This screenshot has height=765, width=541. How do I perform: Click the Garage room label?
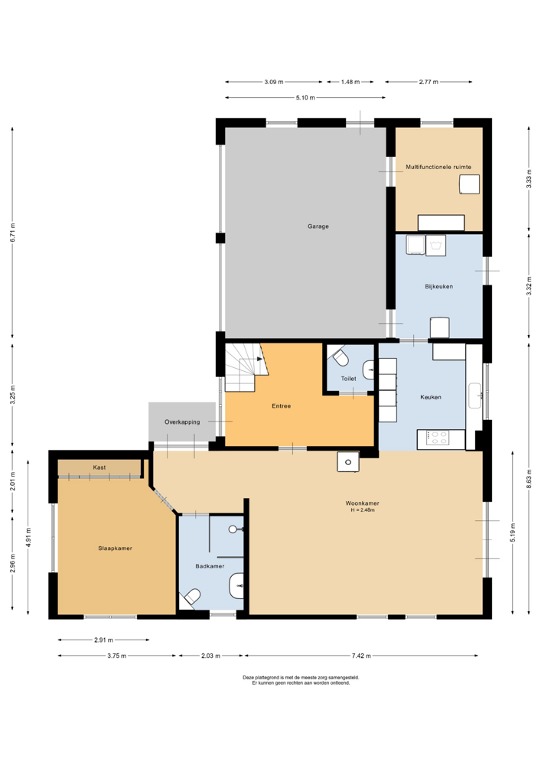[x=318, y=226]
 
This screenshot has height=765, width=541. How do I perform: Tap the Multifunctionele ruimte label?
[x=438, y=167]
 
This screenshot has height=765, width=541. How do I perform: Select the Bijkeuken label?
[x=439, y=286]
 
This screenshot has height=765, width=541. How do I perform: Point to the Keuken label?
[x=431, y=397]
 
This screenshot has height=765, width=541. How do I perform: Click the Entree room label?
[x=282, y=406]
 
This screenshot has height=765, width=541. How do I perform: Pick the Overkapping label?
[x=182, y=422]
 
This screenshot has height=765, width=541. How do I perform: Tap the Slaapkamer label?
[x=115, y=549]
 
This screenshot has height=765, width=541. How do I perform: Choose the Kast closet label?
[x=99, y=467]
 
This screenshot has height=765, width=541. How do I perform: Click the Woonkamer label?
[x=363, y=503]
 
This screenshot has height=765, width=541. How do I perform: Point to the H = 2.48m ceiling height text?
[x=363, y=510]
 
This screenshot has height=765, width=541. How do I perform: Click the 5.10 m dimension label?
[x=305, y=98]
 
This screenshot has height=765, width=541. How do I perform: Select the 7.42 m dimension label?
[x=361, y=656]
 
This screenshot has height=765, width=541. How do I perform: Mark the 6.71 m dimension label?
[x=13, y=233]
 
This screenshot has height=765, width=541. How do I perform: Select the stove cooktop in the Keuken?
[x=438, y=438]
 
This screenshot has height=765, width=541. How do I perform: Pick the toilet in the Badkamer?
[x=192, y=597]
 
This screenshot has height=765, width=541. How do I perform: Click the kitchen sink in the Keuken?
[x=475, y=396]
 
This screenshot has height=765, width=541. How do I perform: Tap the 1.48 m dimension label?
[x=350, y=82]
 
